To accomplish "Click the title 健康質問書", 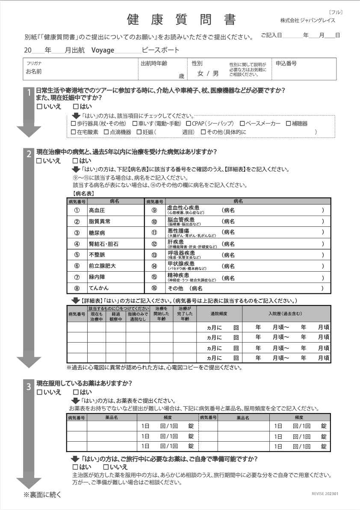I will click(181, 20).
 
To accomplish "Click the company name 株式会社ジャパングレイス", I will click(307, 21).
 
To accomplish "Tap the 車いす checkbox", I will click(135, 124).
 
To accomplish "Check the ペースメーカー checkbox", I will click(242, 124).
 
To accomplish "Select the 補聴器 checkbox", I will click(288, 124).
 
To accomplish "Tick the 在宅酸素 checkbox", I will click(73, 132).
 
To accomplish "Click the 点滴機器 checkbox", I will click(106, 132).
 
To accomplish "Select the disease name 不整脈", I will click(97, 255).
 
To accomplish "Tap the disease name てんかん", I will click(99, 289).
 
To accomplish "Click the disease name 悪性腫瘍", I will click(178, 231).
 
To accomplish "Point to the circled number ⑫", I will click(154, 244).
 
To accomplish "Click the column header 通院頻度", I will click(218, 314).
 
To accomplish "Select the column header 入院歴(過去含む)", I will click(286, 314).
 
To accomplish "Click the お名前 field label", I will click(34, 72).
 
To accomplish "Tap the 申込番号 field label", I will click(286, 63).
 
